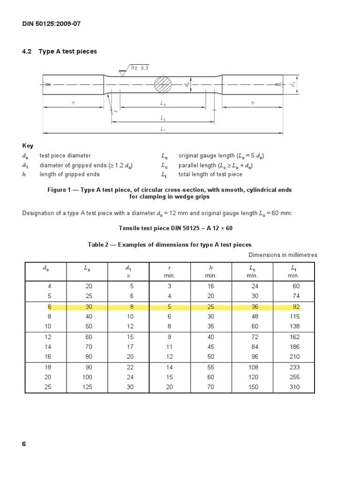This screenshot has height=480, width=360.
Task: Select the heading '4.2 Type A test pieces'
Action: (x=60, y=52)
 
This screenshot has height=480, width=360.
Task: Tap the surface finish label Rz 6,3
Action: (x=139, y=68)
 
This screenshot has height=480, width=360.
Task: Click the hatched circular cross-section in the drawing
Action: (x=163, y=85)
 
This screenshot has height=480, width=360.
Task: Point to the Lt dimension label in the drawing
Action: (x=163, y=129)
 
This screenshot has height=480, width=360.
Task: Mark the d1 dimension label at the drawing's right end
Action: (x=292, y=84)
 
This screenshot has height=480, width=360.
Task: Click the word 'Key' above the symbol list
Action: (x=28, y=146)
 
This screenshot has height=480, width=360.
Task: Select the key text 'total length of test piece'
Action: (x=210, y=174)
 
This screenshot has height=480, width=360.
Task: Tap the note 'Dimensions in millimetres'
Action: (x=283, y=255)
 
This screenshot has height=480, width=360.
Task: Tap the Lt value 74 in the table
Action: (x=295, y=295)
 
